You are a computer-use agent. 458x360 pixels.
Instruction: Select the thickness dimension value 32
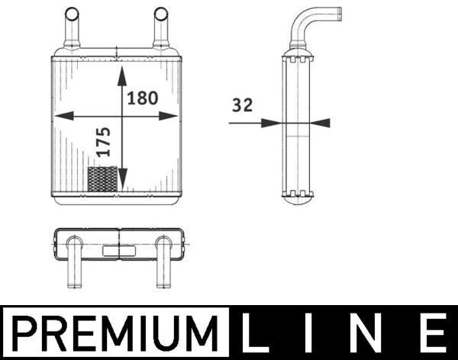[x=241, y=106]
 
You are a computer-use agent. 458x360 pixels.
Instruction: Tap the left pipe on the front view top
[x=71, y=29]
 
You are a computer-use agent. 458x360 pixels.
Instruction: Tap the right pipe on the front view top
[x=160, y=29]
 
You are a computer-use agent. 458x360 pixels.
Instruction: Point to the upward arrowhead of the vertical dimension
[x=122, y=74]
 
